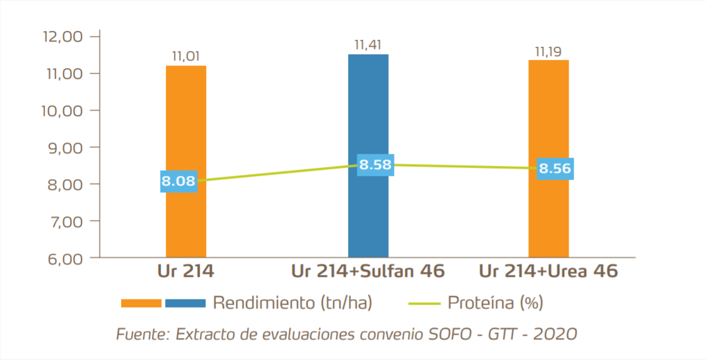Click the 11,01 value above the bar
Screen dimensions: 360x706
pyautogui.click(x=186, y=57)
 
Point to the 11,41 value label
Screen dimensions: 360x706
pyautogui.click(x=368, y=45)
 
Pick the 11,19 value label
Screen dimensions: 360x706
pyautogui.click(x=548, y=51)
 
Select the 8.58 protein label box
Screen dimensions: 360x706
pyautogui.click(x=376, y=165)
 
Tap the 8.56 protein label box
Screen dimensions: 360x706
pyautogui.click(x=555, y=168)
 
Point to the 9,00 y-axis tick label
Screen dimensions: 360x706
pyautogui.click(x=68, y=147)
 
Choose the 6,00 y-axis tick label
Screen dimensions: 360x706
pyautogui.click(x=68, y=258)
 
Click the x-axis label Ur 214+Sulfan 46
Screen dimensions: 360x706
pyautogui.click(x=368, y=272)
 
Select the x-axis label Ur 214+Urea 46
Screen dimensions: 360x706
pyautogui.click(x=548, y=272)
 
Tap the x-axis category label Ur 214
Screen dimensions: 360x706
pyautogui.click(x=186, y=272)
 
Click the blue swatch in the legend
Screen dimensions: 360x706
pyautogui.click(x=185, y=303)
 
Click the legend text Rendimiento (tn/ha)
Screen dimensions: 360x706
pyautogui.click(x=292, y=303)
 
